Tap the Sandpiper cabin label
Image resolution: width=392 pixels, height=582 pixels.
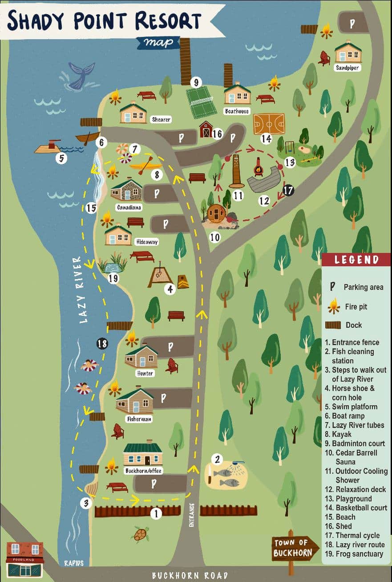(x=348, y=68)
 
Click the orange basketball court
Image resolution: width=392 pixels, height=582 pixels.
(x=269, y=124)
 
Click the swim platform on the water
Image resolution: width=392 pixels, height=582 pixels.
(x=48, y=148)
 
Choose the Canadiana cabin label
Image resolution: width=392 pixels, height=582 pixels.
(x=129, y=208)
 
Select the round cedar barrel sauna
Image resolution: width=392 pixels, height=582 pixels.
(x=217, y=213)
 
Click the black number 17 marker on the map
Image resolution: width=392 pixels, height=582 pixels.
(x=288, y=191)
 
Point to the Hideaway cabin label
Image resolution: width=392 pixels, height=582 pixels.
(x=146, y=242)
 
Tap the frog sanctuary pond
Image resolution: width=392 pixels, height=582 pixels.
(x=112, y=265)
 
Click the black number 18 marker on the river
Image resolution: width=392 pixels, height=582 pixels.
(x=102, y=343)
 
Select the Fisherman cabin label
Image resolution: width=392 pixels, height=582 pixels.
(x=139, y=419)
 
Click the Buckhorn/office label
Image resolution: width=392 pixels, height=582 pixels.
(x=143, y=471)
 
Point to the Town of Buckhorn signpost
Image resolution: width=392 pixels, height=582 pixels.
(x=295, y=548)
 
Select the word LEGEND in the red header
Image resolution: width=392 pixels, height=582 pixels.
(x=356, y=260)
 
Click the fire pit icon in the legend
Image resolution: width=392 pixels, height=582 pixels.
(x=333, y=306)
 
